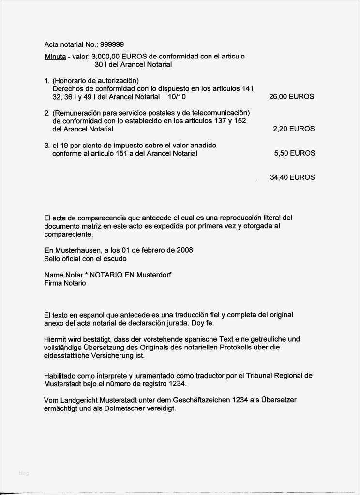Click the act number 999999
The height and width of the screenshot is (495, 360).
(x=112, y=44)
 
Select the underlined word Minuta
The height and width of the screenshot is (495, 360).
(x=55, y=57)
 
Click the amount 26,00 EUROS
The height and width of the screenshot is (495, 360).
(x=291, y=97)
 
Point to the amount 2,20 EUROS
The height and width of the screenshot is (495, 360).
(x=293, y=129)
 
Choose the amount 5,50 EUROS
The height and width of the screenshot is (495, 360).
(x=294, y=153)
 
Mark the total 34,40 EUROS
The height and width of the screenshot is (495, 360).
(x=292, y=177)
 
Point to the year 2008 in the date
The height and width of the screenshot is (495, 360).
(x=184, y=250)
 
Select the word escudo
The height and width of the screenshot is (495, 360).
(x=115, y=259)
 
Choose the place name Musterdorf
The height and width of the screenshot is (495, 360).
(x=153, y=275)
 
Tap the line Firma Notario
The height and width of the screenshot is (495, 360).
(x=65, y=283)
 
